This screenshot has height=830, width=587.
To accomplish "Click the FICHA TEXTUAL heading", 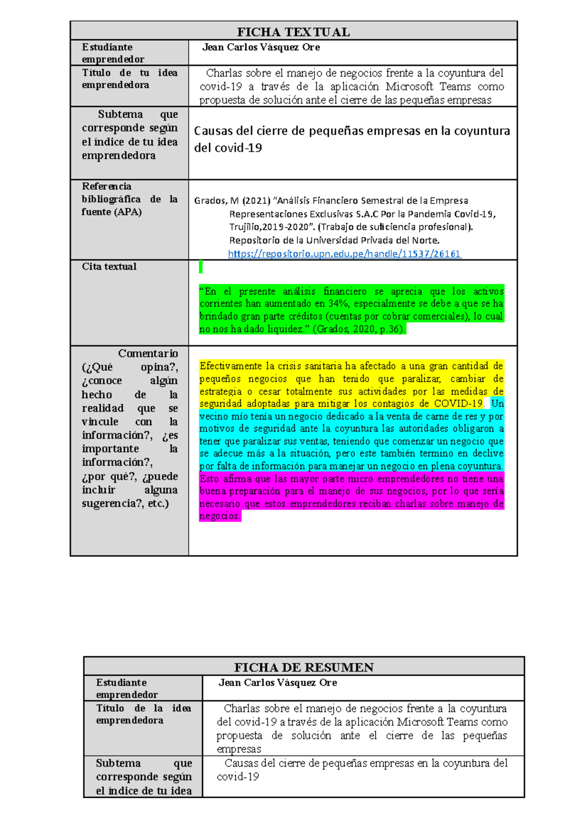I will coord(293,32).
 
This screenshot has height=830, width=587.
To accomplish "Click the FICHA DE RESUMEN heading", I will coord(304,667).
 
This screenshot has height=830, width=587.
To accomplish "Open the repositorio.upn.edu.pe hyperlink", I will coord(344,254).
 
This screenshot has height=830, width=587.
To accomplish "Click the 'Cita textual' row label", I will coord(109,266).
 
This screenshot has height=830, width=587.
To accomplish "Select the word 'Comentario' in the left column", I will coord(148,353).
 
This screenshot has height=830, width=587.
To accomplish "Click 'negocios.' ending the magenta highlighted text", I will coord(220,516).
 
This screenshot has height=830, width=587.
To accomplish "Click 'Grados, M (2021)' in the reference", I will coord(232,200).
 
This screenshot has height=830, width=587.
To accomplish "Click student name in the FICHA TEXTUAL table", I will coord(261,47).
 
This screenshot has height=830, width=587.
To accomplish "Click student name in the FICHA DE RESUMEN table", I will coord(278,682).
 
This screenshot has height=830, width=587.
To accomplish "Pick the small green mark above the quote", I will coord(201,267).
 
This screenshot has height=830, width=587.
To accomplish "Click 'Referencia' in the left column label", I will coord(107,186).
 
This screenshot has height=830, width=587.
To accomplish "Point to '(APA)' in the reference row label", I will coord(128,212).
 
